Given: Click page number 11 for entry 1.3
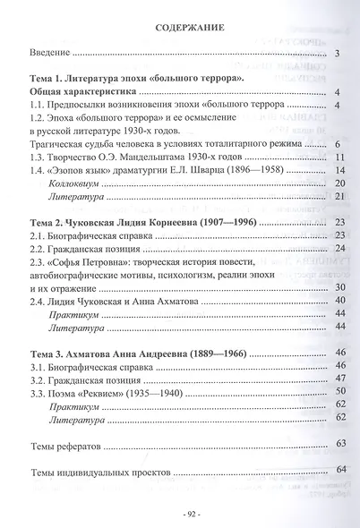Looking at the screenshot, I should point(339,158).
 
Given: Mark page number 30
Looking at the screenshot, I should point(339,288).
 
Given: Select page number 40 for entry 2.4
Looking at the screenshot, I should point(339,301).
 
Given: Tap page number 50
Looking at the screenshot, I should point(339,391).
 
